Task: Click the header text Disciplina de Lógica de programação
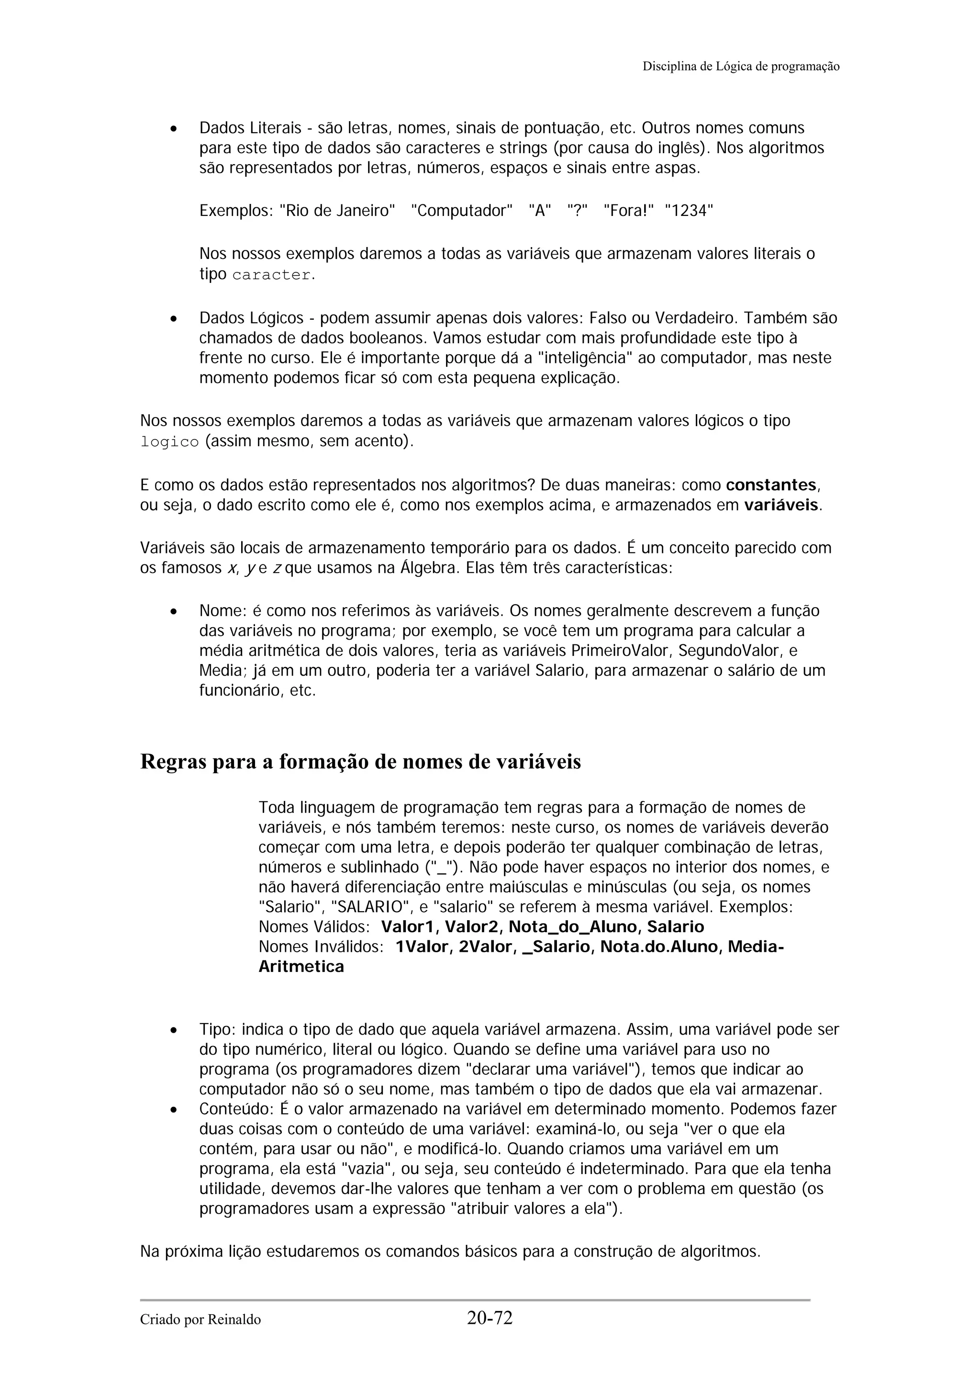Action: click(x=740, y=67)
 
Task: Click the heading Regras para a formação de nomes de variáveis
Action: click(x=360, y=762)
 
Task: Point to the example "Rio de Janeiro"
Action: click(x=337, y=211)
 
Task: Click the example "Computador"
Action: click(x=461, y=211)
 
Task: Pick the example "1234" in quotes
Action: click(x=689, y=211)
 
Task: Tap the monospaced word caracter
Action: click(x=271, y=275)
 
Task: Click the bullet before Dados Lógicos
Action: click(x=173, y=318)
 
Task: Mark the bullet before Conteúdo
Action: click(x=173, y=1110)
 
